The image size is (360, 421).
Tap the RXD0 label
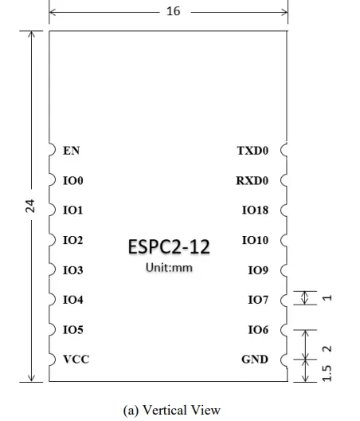tap(252, 181)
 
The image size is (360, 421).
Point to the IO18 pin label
tap(255, 210)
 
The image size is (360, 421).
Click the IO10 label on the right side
tap(255, 240)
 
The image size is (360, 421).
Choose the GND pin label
tap(255, 360)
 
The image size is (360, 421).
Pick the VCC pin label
tap(76, 360)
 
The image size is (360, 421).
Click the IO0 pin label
tap(72, 181)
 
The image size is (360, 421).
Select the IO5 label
tap(72, 330)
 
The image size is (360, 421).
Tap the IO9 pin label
tap(258, 270)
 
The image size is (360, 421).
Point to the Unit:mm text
tap(169, 268)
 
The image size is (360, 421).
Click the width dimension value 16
tap(173, 12)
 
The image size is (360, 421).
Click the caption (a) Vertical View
tap(171, 410)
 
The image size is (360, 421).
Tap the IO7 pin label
tap(258, 301)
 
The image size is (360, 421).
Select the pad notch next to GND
tap(284, 360)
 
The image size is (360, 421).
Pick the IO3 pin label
tap(72, 270)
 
